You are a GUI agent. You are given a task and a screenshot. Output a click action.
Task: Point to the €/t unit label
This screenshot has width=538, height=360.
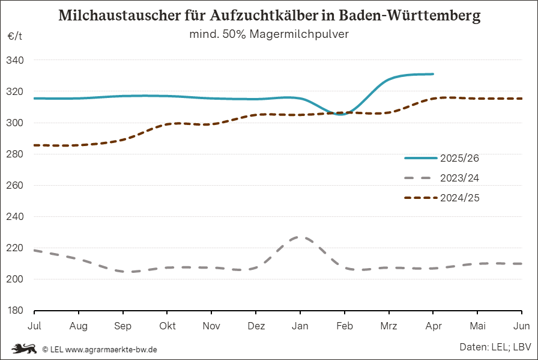tap(15, 37)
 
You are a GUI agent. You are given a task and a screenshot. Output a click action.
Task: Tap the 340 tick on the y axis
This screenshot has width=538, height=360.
tap(16, 61)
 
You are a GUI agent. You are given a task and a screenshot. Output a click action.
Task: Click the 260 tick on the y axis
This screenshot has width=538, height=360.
tap(16, 186)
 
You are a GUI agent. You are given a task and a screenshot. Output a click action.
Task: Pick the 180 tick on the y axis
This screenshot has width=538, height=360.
tap(16, 311)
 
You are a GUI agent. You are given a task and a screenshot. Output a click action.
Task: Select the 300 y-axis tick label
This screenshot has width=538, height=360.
tap(16, 123)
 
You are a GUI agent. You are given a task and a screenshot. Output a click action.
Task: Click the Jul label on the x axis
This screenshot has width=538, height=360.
tap(34, 326)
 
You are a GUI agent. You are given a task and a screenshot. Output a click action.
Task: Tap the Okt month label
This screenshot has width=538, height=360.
tap(168, 326)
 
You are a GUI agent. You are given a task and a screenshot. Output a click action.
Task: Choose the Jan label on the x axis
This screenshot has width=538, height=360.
tap(300, 326)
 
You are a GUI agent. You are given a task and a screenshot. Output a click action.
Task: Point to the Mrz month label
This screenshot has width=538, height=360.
tap(388, 326)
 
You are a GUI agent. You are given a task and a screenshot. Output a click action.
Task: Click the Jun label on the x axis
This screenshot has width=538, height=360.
tap(522, 326)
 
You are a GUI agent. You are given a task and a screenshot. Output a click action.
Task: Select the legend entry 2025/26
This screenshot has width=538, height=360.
tap(459, 159)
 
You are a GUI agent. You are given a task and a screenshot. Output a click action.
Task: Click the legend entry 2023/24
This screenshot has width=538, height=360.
tap(459, 178)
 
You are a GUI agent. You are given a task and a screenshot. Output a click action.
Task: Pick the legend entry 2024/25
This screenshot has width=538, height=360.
tap(459, 198)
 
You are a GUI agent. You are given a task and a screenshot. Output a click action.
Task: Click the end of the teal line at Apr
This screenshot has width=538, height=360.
tap(432, 74)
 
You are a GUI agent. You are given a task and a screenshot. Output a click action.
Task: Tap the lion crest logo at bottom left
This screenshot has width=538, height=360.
tap(25, 349)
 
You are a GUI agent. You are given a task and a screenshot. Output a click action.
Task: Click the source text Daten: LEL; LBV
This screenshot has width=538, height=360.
tap(495, 347)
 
